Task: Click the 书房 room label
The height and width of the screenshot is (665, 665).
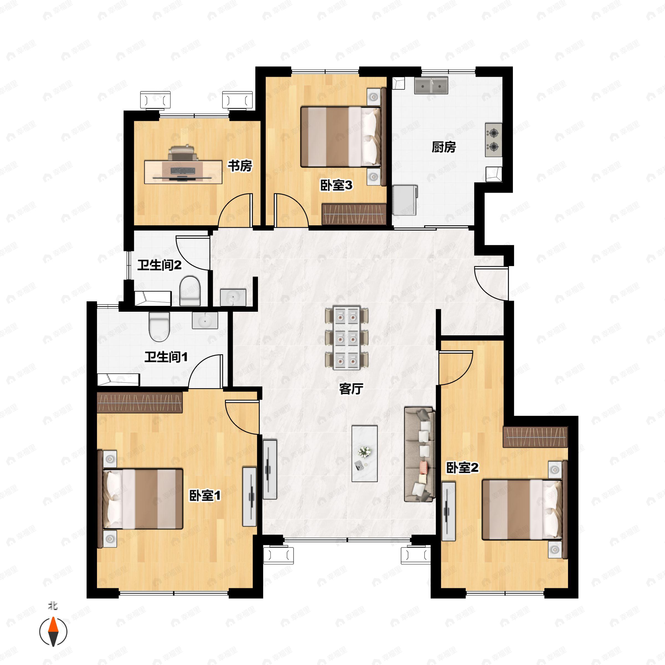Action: point(240,166)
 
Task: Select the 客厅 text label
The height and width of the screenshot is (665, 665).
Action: point(351,389)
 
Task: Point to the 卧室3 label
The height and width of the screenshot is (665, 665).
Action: point(336,186)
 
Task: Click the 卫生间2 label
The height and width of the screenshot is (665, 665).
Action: point(160,265)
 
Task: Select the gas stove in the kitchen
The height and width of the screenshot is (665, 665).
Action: point(493,140)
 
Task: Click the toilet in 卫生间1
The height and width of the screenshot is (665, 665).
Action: point(159,327)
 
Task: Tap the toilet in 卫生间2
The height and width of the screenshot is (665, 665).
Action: point(190,290)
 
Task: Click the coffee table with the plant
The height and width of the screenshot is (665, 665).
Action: point(365,454)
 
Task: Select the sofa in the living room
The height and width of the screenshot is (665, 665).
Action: point(419,454)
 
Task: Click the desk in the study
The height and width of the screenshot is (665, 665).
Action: point(183,172)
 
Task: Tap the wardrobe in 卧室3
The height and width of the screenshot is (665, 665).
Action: point(354,214)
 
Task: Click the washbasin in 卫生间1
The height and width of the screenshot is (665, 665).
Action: point(205,321)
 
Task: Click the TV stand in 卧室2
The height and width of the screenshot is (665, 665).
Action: point(449,511)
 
